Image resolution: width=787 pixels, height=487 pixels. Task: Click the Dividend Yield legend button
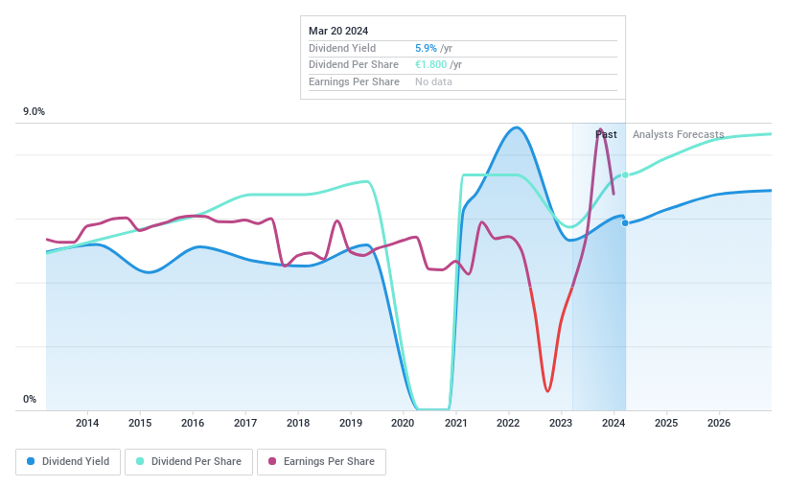coord(68,461)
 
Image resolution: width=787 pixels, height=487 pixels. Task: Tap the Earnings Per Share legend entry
coord(321,461)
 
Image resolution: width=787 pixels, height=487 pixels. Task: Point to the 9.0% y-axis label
coord(34,112)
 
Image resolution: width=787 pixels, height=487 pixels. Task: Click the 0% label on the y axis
coord(29,399)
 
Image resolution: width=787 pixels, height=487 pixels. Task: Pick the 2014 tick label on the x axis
coord(87,423)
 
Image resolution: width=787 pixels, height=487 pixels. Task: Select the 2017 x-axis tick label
coord(245,423)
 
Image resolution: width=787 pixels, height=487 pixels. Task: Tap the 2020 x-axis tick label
coord(403,423)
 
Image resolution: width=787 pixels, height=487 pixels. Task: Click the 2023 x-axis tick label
coord(561,423)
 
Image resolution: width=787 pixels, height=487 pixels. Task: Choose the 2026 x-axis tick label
coord(719,423)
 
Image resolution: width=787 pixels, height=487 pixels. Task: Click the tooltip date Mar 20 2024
coord(338,31)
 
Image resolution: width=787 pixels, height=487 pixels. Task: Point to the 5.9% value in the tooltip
coord(426,48)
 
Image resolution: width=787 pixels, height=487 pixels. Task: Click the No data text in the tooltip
coord(433,81)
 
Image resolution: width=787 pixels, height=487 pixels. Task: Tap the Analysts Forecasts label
coord(678,134)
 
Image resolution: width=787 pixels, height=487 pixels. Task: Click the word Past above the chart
coord(606,134)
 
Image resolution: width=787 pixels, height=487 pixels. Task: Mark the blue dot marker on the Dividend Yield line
coord(625,222)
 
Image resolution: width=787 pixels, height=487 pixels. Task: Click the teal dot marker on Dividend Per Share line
coord(625,174)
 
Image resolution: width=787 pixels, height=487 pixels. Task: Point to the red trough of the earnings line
coord(547,390)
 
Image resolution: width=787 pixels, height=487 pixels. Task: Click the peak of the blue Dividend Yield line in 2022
coord(517,128)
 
